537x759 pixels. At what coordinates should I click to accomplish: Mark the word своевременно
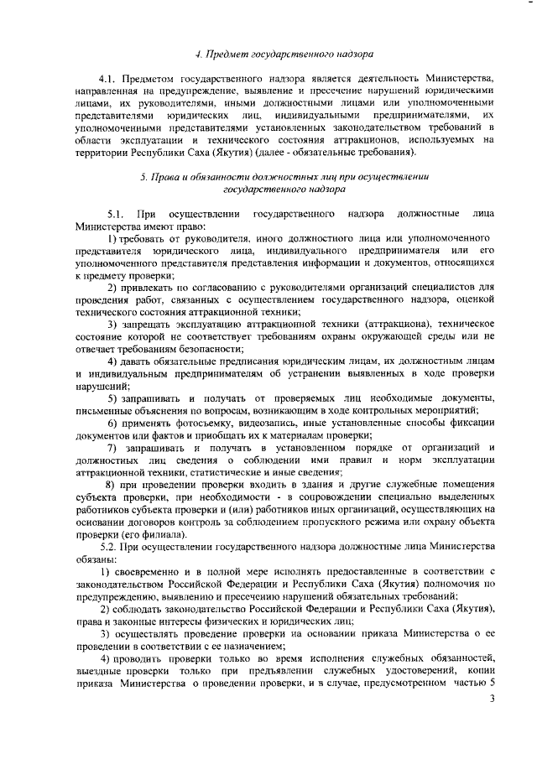pos(149,573)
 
